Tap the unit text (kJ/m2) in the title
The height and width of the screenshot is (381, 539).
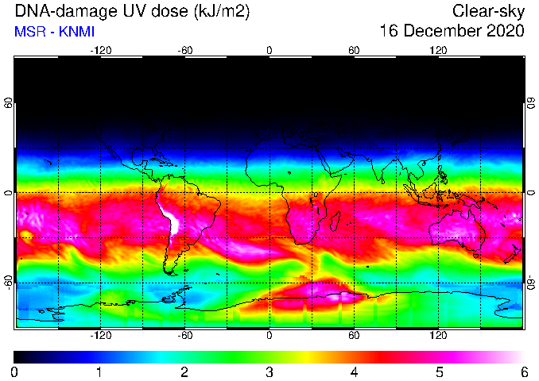(222, 11)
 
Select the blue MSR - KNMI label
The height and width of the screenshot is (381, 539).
(54, 32)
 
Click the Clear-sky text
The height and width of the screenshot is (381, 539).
(488, 11)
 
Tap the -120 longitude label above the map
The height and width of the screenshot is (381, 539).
(101, 51)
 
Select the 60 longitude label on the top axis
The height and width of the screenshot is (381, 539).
(354, 51)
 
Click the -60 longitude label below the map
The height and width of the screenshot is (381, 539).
(185, 335)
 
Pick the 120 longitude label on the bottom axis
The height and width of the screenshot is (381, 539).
(438, 335)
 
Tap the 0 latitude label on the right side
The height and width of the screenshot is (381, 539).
(531, 193)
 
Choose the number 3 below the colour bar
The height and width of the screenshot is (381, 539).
(269, 372)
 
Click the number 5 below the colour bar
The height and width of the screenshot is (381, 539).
(439, 372)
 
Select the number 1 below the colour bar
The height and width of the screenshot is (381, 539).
(99, 372)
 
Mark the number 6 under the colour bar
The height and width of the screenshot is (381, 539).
(524, 372)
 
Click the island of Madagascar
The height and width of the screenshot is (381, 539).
(335, 221)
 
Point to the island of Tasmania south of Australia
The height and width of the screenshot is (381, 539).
(475, 256)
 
